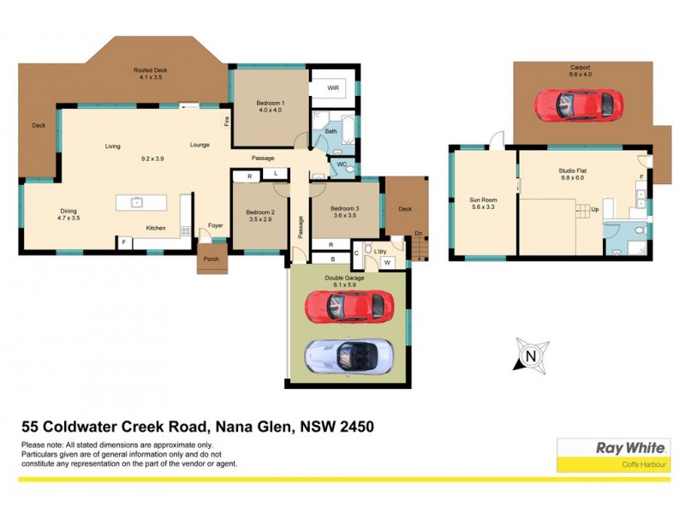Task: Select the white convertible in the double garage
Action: (x=349, y=356)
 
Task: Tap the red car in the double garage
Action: (x=349, y=304)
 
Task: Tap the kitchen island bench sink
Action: (x=136, y=202)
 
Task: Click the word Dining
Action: (x=68, y=211)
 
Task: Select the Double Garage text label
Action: (x=347, y=278)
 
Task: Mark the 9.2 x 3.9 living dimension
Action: (x=152, y=158)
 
